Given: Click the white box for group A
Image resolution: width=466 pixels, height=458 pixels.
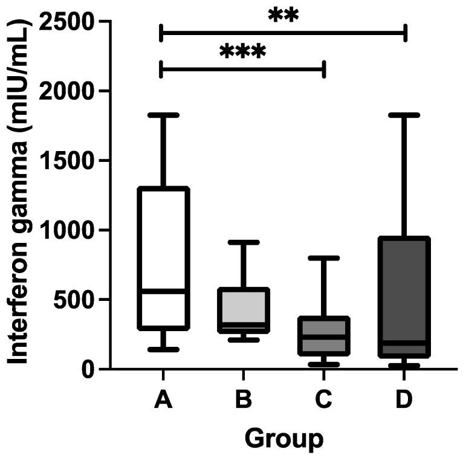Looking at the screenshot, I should click(x=163, y=242).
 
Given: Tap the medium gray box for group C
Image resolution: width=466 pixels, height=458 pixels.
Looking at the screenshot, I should click(x=324, y=335).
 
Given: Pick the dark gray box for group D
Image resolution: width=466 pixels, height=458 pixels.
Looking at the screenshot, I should click(x=404, y=290).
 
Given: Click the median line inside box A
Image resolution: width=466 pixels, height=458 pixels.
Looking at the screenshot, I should click(x=163, y=291).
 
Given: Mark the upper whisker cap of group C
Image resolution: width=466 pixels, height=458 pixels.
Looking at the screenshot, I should click(x=324, y=258).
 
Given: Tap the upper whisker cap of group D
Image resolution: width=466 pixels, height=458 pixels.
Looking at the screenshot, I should click(x=404, y=114).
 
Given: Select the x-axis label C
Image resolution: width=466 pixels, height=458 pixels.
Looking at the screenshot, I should click(x=324, y=399).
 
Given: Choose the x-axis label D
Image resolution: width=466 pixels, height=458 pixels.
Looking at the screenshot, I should click(x=404, y=399).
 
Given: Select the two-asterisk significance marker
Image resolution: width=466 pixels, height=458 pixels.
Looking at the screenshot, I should click(x=283, y=16).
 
